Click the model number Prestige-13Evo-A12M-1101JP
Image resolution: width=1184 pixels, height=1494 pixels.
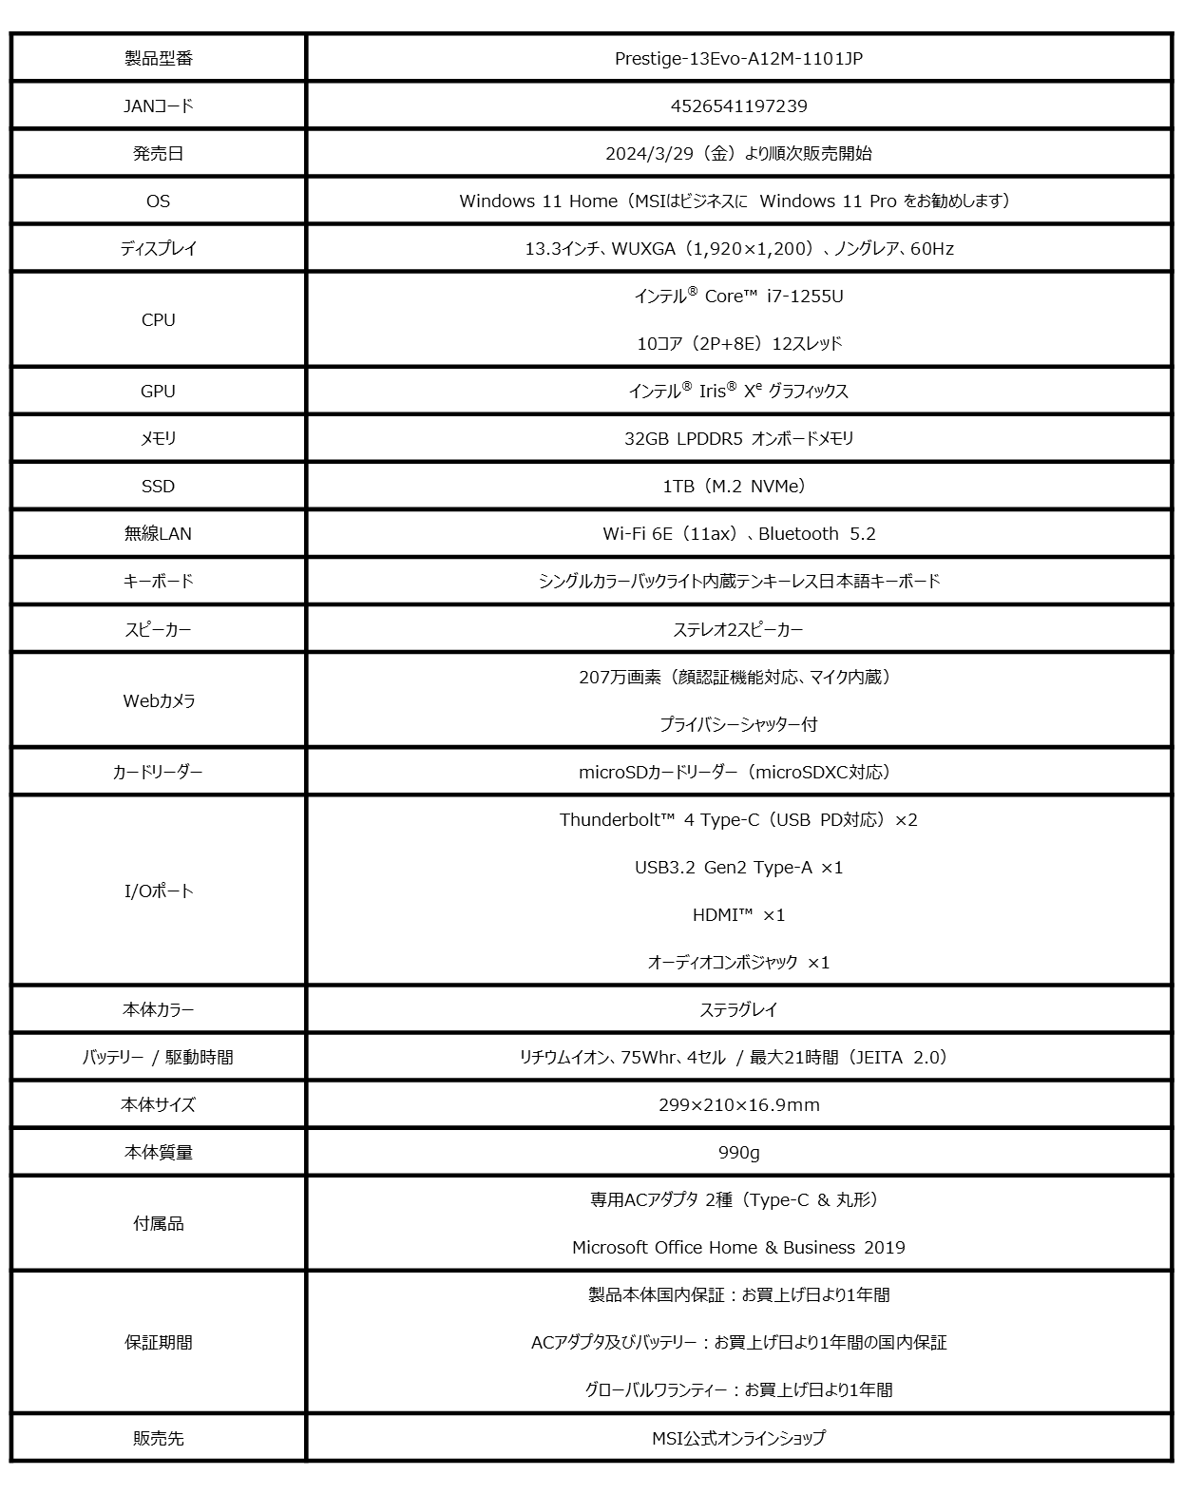(738, 59)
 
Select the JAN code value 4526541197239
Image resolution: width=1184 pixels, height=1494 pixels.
(738, 106)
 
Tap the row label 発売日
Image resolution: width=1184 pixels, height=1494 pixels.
(158, 154)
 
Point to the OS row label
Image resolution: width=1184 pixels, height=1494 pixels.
(158, 201)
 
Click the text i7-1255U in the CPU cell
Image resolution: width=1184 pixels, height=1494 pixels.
(805, 297)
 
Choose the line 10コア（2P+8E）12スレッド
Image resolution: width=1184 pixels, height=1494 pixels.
(738, 344)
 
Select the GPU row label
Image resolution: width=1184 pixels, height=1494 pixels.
(158, 392)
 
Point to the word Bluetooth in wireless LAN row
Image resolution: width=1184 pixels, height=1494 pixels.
(798, 534)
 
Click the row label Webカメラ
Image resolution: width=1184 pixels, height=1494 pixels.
(159, 701)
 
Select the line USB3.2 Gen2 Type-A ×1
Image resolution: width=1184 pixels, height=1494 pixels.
(738, 868)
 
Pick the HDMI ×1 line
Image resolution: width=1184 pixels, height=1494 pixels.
(738, 915)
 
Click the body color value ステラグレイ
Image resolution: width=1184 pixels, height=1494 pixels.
(738, 1010)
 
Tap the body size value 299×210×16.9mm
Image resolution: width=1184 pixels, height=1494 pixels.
(738, 1105)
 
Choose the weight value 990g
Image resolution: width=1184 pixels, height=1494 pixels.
(738, 1153)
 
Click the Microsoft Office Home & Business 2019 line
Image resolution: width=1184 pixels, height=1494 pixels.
(738, 1248)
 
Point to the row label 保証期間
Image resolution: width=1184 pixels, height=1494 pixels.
(158, 1343)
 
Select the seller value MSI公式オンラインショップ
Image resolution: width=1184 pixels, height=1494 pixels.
(738, 1439)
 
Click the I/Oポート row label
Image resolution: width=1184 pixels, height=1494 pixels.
(159, 891)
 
